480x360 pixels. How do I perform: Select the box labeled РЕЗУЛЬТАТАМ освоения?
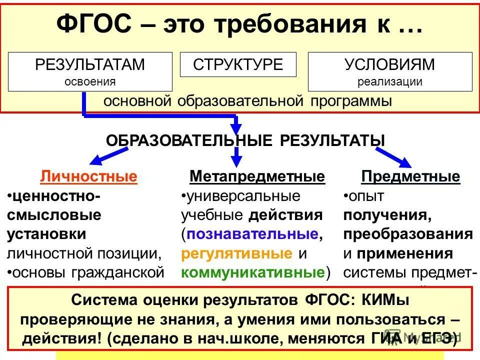90,71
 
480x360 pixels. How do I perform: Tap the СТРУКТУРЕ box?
238,64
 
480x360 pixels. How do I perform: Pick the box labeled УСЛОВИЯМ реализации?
389,71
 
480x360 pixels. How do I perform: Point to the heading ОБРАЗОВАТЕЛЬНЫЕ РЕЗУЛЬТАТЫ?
245,140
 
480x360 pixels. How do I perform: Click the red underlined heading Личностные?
88,176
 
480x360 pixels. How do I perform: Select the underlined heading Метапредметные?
257,176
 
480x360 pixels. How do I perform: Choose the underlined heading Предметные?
410,176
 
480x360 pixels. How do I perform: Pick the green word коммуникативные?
252,272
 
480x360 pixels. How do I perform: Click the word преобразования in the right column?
407,234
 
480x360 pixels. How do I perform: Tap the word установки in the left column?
46,234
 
